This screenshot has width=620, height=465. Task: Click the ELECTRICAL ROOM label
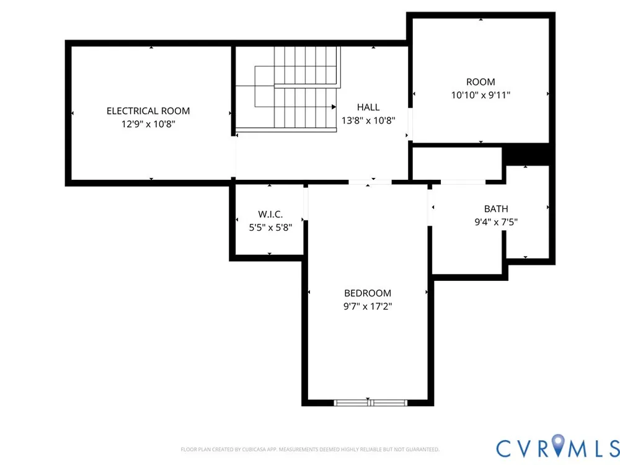tap(148, 111)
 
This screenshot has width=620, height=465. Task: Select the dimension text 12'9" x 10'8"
tap(148, 124)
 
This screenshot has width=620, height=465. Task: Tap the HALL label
tap(368, 107)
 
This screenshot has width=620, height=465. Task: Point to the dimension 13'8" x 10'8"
tap(368, 121)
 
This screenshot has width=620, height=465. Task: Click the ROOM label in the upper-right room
tap(480, 82)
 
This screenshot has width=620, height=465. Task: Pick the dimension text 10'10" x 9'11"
tap(481, 95)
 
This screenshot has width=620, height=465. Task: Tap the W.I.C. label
tap(270, 215)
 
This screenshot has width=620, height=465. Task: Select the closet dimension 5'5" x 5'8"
tap(270, 228)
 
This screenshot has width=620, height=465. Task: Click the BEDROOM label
tap(368, 293)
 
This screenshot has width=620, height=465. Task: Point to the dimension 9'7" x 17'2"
tap(368, 306)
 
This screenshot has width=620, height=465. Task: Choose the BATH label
tap(496, 209)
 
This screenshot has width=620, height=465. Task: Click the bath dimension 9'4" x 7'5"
tap(496, 222)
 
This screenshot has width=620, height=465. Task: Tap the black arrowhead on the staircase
tap(334, 107)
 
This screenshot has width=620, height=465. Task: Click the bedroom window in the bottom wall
tap(371, 403)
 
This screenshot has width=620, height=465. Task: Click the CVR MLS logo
tap(558, 448)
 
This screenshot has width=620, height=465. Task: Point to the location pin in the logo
tap(558, 445)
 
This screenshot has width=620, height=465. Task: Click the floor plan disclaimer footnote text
tap(310, 449)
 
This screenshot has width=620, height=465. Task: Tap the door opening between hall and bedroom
tap(370, 182)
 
